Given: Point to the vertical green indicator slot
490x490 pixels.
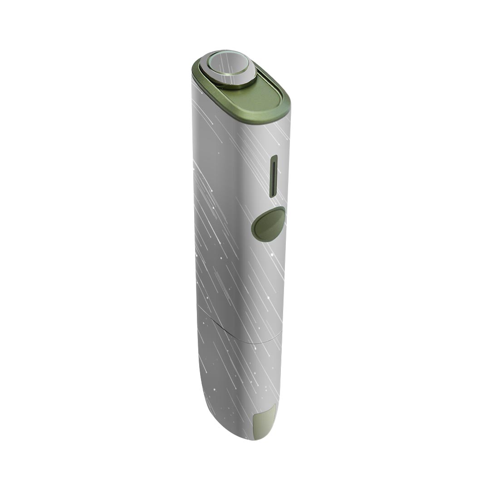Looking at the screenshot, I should (x=274, y=176).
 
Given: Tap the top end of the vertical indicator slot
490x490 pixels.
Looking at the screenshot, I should (x=274, y=157).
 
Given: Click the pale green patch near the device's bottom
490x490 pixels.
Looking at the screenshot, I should (x=264, y=421).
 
